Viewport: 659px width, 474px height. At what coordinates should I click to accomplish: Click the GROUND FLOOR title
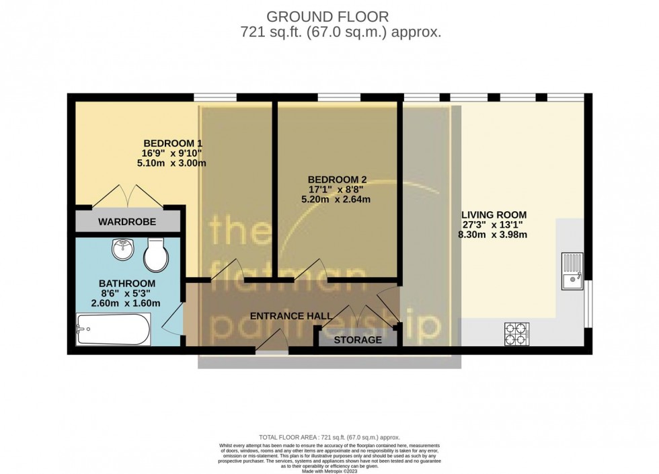pos(329,15)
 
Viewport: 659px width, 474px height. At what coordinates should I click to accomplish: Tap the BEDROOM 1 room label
pos(173,143)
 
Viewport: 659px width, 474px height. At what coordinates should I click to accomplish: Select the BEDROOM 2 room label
pos(337,180)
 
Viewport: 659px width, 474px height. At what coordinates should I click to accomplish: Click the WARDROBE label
pos(127,222)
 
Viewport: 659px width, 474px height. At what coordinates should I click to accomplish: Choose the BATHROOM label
pos(127,284)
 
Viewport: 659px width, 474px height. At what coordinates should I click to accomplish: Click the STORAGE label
pos(358,340)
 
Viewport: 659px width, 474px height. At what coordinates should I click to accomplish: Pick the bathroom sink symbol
pos(122,250)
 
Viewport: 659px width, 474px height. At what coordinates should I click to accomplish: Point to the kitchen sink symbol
pos(572,270)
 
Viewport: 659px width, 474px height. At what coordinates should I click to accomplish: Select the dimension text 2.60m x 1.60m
pos(127,303)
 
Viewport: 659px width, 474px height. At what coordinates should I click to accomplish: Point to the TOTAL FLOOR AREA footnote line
pos(329,437)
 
